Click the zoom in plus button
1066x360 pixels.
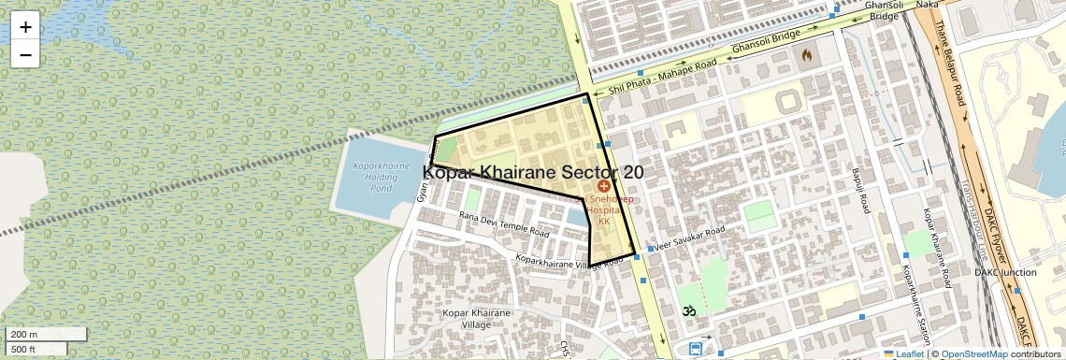(25, 27)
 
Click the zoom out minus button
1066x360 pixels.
(25, 54)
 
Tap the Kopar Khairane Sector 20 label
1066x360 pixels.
(533, 172)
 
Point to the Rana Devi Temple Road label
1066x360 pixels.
(503, 224)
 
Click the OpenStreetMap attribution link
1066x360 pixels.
(973, 354)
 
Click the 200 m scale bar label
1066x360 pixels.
(24, 335)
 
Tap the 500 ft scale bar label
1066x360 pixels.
(24, 350)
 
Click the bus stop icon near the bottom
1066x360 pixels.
(697, 349)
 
